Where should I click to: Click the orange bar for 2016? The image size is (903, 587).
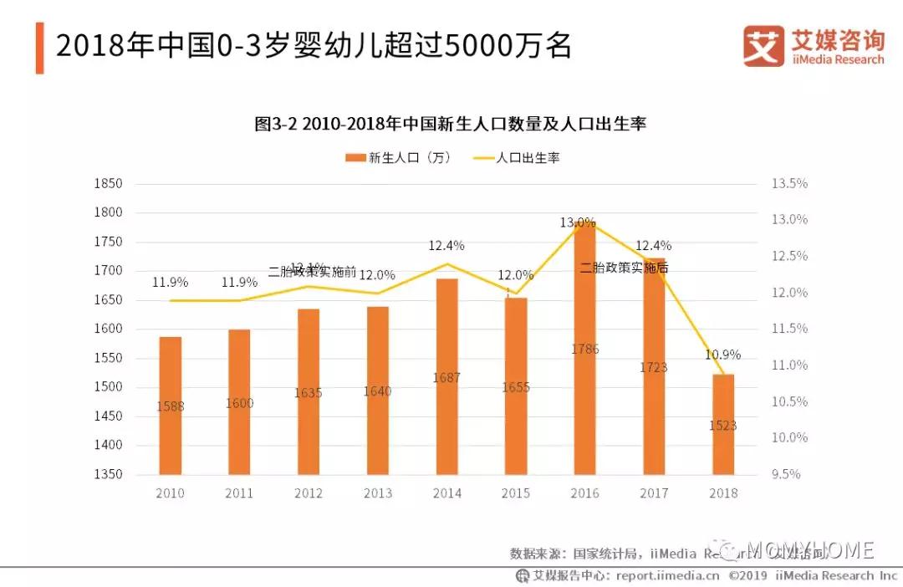click(x=584, y=351)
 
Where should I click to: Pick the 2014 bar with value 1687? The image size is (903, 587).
click(x=446, y=376)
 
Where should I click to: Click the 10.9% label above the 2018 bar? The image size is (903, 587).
click(x=723, y=355)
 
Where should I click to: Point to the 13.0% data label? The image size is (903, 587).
click(x=578, y=222)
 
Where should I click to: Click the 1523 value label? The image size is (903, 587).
click(x=723, y=426)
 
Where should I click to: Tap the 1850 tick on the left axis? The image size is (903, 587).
click(x=110, y=184)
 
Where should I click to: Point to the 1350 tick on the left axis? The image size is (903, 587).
click(x=110, y=474)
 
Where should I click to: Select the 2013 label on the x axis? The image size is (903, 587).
click(x=377, y=493)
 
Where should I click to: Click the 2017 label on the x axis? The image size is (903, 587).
click(x=654, y=493)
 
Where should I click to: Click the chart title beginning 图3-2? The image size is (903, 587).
click(x=451, y=125)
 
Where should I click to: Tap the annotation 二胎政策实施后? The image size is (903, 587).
click(x=624, y=268)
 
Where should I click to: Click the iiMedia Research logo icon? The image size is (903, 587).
click(x=763, y=46)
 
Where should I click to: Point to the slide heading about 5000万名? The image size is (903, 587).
click(x=314, y=47)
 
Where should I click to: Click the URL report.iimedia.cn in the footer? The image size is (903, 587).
click(x=667, y=575)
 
